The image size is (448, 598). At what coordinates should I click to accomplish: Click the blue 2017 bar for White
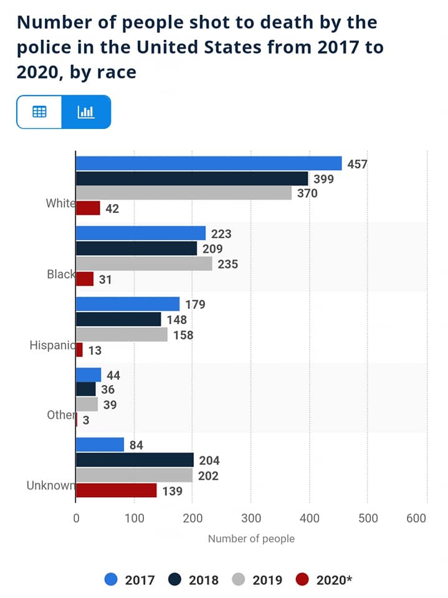pyautogui.click(x=209, y=163)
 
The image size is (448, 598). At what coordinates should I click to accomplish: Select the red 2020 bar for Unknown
pyautogui.click(x=116, y=490)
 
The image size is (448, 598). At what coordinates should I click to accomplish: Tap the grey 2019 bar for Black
pyautogui.click(x=144, y=263)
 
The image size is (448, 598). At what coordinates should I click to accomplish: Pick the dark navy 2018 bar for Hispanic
pyautogui.click(x=118, y=319)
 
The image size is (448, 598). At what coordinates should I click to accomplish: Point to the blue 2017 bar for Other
pyautogui.click(x=88, y=375)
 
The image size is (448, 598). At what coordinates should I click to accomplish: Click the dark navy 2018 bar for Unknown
pyautogui.click(x=135, y=460)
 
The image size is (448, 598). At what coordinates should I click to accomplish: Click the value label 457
pyautogui.click(x=357, y=164)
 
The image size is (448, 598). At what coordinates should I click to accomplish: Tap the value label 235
pyautogui.click(x=228, y=264)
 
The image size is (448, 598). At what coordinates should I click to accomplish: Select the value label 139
pyautogui.click(x=172, y=491)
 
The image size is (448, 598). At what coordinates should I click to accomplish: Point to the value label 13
pyautogui.click(x=95, y=351)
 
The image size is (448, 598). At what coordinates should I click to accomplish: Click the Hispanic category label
pyautogui.click(x=52, y=345)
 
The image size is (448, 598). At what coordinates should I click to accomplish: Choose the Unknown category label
pyautogui.click(x=50, y=485)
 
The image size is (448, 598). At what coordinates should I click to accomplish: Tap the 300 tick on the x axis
pyautogui.click(x=251, y=518)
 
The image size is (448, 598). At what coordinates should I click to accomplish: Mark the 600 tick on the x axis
pyautogui.click(x=416, y=518)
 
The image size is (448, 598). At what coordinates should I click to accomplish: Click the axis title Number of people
pyautogui.click(x=251, y=538)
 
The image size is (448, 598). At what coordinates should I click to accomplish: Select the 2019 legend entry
pyautogui.click(x=257, y=580)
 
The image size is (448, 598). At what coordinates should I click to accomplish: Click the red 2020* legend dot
pyautogui.click(x=302, y=580)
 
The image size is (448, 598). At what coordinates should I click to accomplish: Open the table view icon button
pyautogui.click(x=39, y=112)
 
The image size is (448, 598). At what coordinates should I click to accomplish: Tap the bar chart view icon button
pyautogui.click(x=86, y=112)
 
